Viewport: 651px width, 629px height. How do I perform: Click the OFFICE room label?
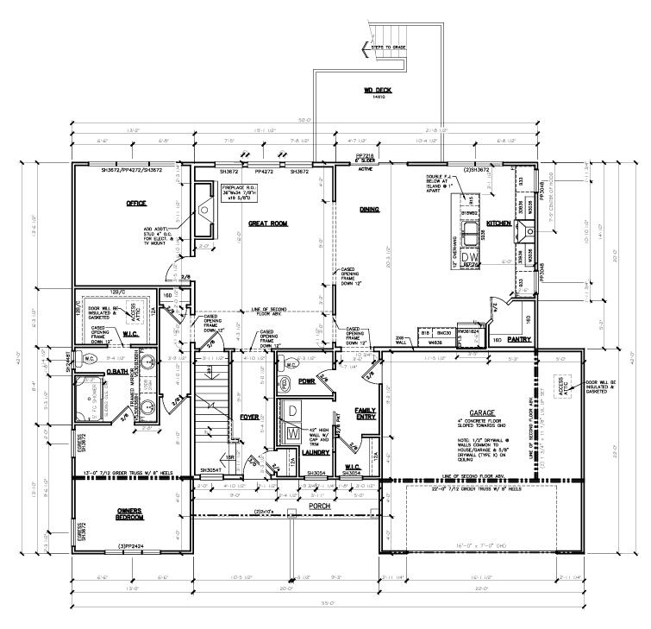[x=136, y=204]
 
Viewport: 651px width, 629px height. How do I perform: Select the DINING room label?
[x=369, y=210]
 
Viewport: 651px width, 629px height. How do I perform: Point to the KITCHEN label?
[x=499, y=223]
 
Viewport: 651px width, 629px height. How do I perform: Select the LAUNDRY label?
[x=293, y=451]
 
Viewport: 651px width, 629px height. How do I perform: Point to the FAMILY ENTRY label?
[x=366, y=414]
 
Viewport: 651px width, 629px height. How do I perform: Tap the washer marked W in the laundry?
[x=291, y=431]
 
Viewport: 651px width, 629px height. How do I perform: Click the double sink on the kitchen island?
[x=471, y=234]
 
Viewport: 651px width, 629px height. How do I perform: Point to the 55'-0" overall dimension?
[x=326, y=614]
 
